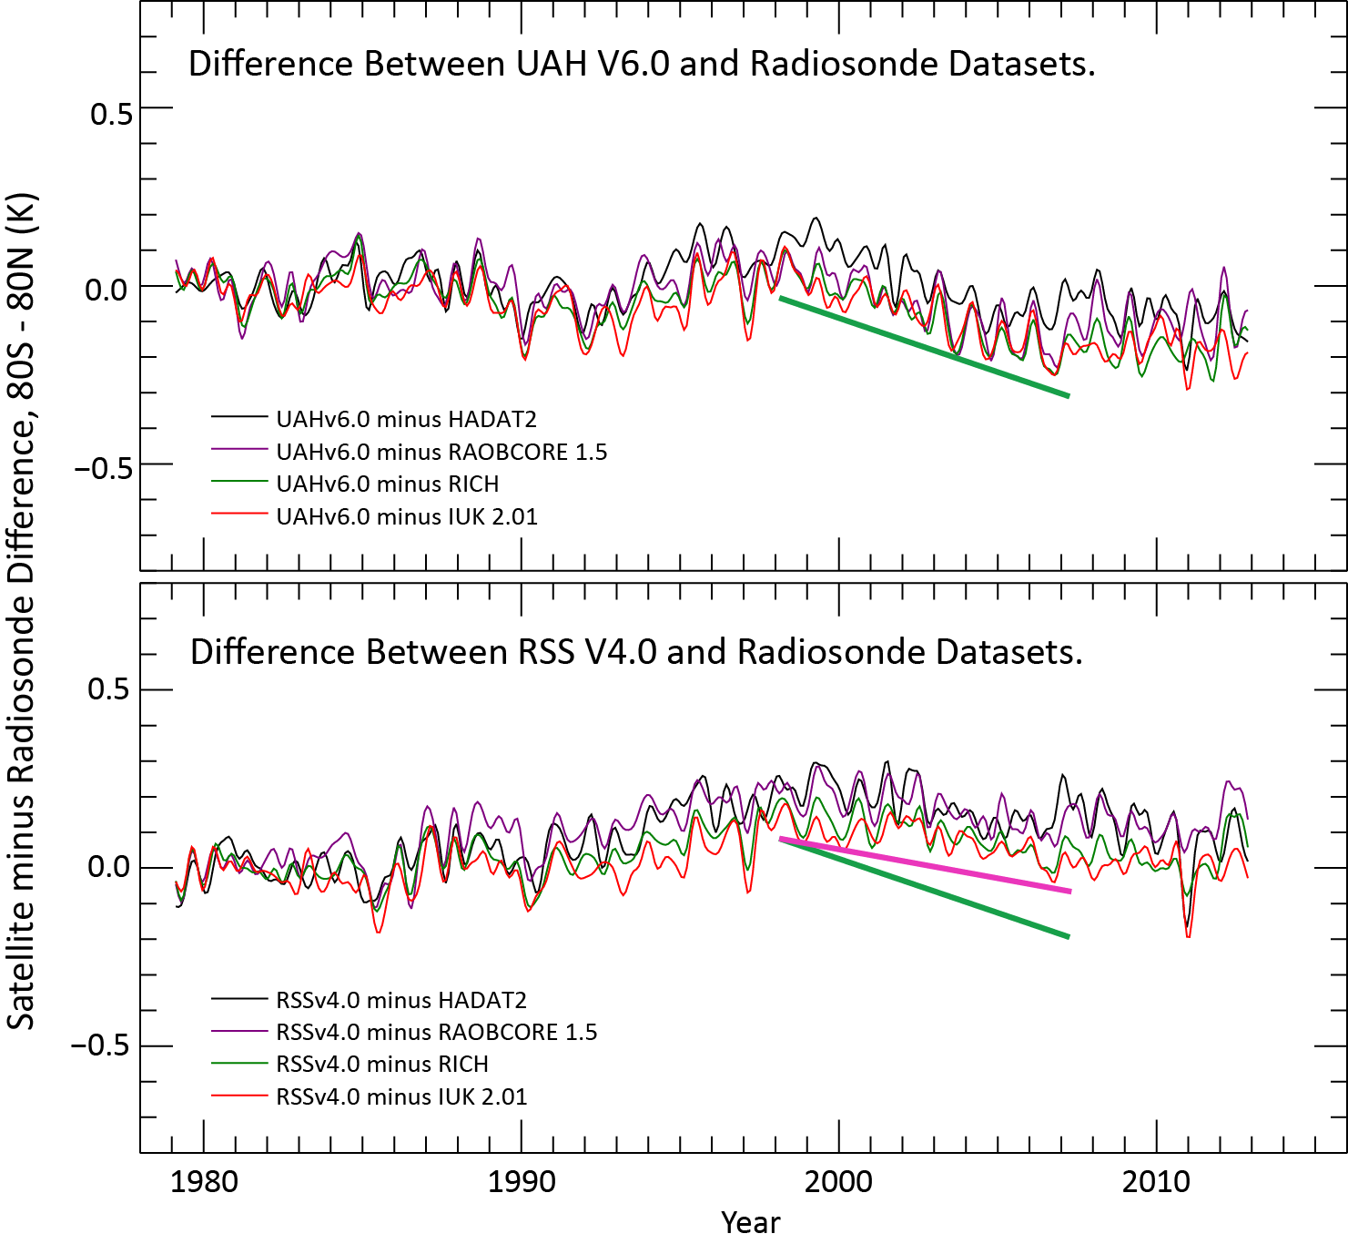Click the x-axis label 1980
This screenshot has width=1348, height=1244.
click(x=204, y=1182)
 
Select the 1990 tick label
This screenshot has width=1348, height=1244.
click(x=522, y=1182)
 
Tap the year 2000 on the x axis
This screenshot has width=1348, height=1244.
click(x=838, y=1182)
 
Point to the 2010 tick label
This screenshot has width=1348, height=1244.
click(x=1156, y=1182)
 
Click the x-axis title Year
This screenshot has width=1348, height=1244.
click(x=750, y=1222)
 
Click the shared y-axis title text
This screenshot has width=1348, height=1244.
click(x=22, y=610)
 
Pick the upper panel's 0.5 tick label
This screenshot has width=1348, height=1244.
click(x=111, y=114)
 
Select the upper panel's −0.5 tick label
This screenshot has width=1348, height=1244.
click(x=103, y=469)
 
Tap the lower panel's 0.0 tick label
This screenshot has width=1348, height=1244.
click(x=108, y=866)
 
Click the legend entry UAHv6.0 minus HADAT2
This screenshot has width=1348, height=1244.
click(x=406, y=419)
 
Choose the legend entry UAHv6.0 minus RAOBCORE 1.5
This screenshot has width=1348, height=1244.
click(x=441, y=452)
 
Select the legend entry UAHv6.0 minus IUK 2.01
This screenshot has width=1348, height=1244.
click(x=407, y=516)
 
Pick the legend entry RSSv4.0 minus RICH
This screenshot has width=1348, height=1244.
click(x=382, y=1064)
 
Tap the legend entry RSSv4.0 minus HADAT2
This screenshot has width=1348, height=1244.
click(x=401, y=1000)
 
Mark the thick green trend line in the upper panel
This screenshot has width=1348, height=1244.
click(x=924, y=347)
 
